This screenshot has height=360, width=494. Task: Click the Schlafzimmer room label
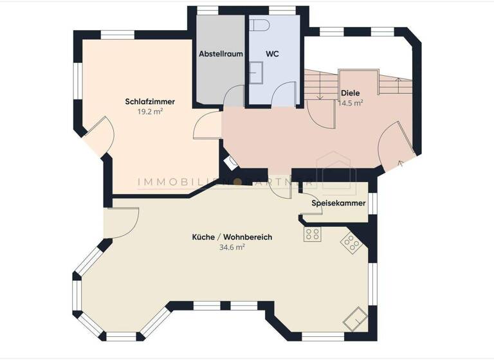pyautogui.click(x=150, y=102)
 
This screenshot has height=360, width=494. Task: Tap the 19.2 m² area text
pyautogui.click(x=150, y=111)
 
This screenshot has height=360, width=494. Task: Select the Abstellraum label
pyautogui.click(x=221, y=54)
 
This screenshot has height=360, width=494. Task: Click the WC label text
pyautogui.click(x=271, y=54)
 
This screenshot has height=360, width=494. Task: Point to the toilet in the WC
pyautogui.click(x=260, y=25)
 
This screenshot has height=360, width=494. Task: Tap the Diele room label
pyautogui.click(x=351, y=93)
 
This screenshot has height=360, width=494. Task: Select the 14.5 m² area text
pyautogui.click(x=351, y=102)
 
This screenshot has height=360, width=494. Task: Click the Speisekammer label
pyautogui.click(x=338, y=203)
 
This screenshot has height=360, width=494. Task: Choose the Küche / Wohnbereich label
pyautogui.click(x=232, y=237)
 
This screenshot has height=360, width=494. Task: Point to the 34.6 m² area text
pyautogui.click(x=232, y=247)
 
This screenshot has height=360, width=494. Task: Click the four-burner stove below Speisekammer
pyautogui.click(x=313, y=234)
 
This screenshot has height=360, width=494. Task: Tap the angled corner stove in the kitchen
pyautogui.click(x=351, y=241)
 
